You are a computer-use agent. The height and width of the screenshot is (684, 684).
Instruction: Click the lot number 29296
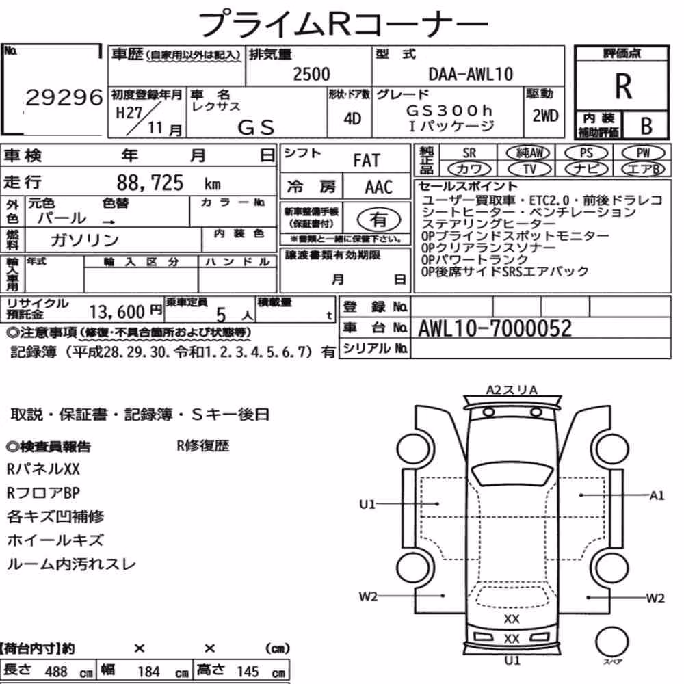[64, 97]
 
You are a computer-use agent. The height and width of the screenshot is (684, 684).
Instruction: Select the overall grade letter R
[623, 86]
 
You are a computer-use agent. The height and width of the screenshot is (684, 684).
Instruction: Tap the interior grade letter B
[646, 126]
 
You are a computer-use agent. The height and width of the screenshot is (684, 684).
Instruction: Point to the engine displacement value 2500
[311, 74]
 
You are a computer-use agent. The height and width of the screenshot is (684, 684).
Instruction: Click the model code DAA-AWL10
[471, 74]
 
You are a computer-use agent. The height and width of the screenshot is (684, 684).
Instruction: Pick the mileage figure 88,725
[150, 183]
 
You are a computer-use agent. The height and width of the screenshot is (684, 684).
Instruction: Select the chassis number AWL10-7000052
[495, 328]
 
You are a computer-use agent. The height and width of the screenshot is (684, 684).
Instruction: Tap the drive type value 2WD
[545, 116]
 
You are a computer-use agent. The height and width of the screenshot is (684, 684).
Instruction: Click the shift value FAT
[367, 160]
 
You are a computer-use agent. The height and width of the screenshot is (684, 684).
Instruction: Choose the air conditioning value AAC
[378, 187]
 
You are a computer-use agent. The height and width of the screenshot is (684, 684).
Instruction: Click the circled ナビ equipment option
[586, 169]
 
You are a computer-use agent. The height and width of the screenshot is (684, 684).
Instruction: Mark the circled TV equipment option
[529, 169]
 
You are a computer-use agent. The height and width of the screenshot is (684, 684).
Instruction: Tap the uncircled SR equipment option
[469, 153]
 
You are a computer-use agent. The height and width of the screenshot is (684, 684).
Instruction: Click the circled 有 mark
[379, 220]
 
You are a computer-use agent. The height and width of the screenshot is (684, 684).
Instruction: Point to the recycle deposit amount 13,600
[117, 312]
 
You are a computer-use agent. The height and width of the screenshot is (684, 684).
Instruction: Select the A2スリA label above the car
[512, 390]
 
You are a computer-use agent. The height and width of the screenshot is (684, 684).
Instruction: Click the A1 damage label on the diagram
[657, 495]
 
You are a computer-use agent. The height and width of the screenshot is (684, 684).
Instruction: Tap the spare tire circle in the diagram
[611, 642]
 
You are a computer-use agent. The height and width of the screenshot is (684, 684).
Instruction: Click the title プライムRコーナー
[343, 24]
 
